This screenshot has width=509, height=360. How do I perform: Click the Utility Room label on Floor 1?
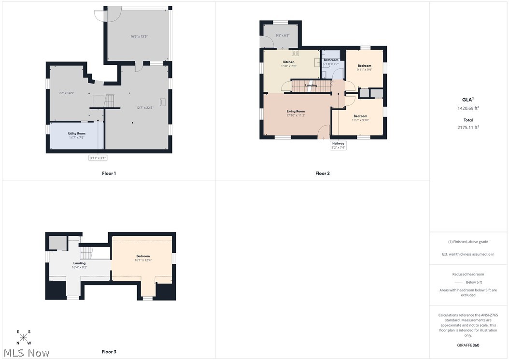(77, 133)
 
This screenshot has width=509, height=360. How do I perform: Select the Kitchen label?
(289, 62)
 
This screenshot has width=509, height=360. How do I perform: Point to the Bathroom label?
(331, 60)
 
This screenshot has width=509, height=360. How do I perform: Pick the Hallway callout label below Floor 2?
(338, 144)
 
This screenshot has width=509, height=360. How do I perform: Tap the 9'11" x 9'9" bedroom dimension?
(365, 70)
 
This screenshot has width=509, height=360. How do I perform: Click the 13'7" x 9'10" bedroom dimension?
(360, 120)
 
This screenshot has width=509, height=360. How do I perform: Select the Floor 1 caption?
(109, 173)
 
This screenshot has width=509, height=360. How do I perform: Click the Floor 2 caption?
(322, 173)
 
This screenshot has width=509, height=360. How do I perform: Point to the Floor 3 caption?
(109, 352)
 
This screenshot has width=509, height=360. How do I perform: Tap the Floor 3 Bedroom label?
(143, 256)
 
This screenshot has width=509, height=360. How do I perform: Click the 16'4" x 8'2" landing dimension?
(79, 267)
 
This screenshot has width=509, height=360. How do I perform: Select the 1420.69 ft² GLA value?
(468, 108)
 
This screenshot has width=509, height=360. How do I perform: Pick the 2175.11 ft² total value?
(468, 128)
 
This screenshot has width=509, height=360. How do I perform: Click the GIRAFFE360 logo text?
(468, 346)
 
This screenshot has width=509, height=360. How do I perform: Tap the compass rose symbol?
(23, 337)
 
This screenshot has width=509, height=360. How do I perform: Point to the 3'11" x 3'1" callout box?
(98, 158)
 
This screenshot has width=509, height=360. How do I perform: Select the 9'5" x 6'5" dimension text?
(283, 36)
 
